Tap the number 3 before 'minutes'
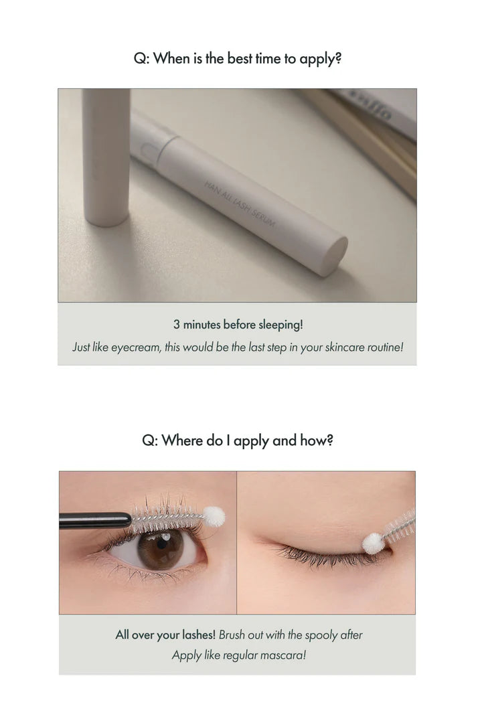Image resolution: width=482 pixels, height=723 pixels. tap(177, 325)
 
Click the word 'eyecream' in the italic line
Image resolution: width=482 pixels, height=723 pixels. tap(139, 348)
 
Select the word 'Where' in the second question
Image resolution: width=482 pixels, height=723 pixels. tap(183, 441)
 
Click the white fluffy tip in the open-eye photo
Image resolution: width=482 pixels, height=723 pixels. tap(214, 515)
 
